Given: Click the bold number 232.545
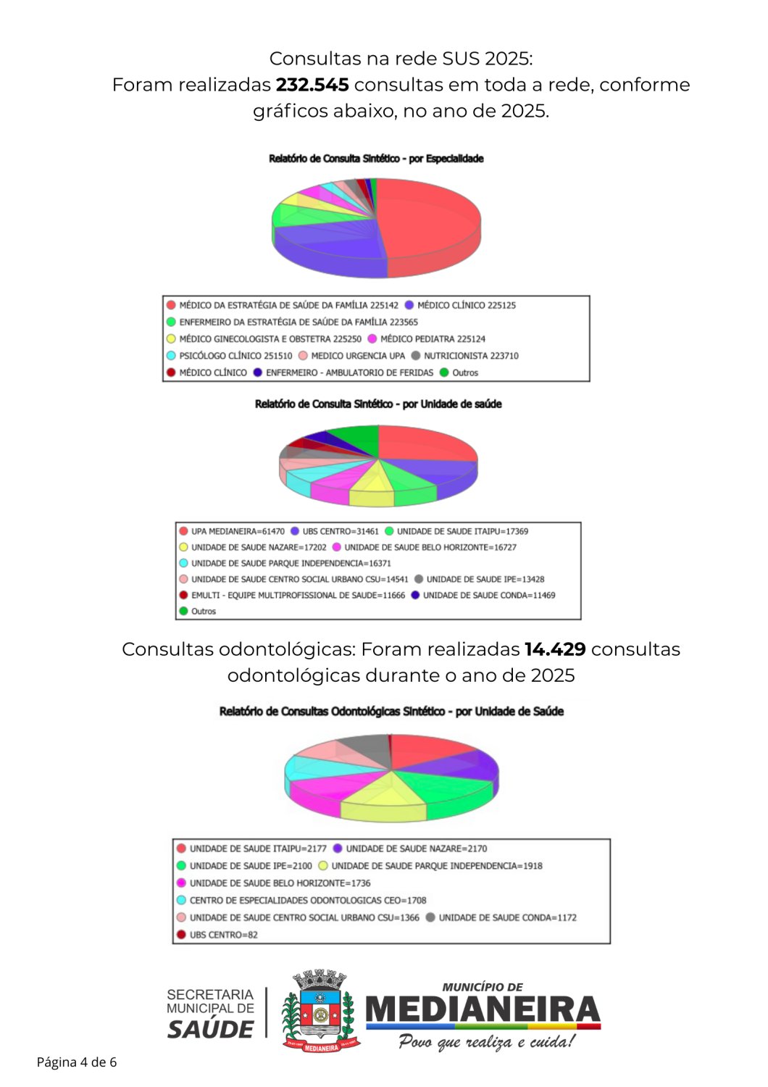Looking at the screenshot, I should coord(312,85).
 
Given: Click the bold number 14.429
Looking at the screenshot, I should coord(554,649).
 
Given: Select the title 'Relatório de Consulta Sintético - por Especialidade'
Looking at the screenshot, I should coord(376,159).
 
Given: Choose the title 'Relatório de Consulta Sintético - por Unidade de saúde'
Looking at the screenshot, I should coord(378,404).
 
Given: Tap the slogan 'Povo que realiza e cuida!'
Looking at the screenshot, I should coord(486,1042).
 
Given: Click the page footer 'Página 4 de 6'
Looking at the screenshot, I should coord(77,1062).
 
